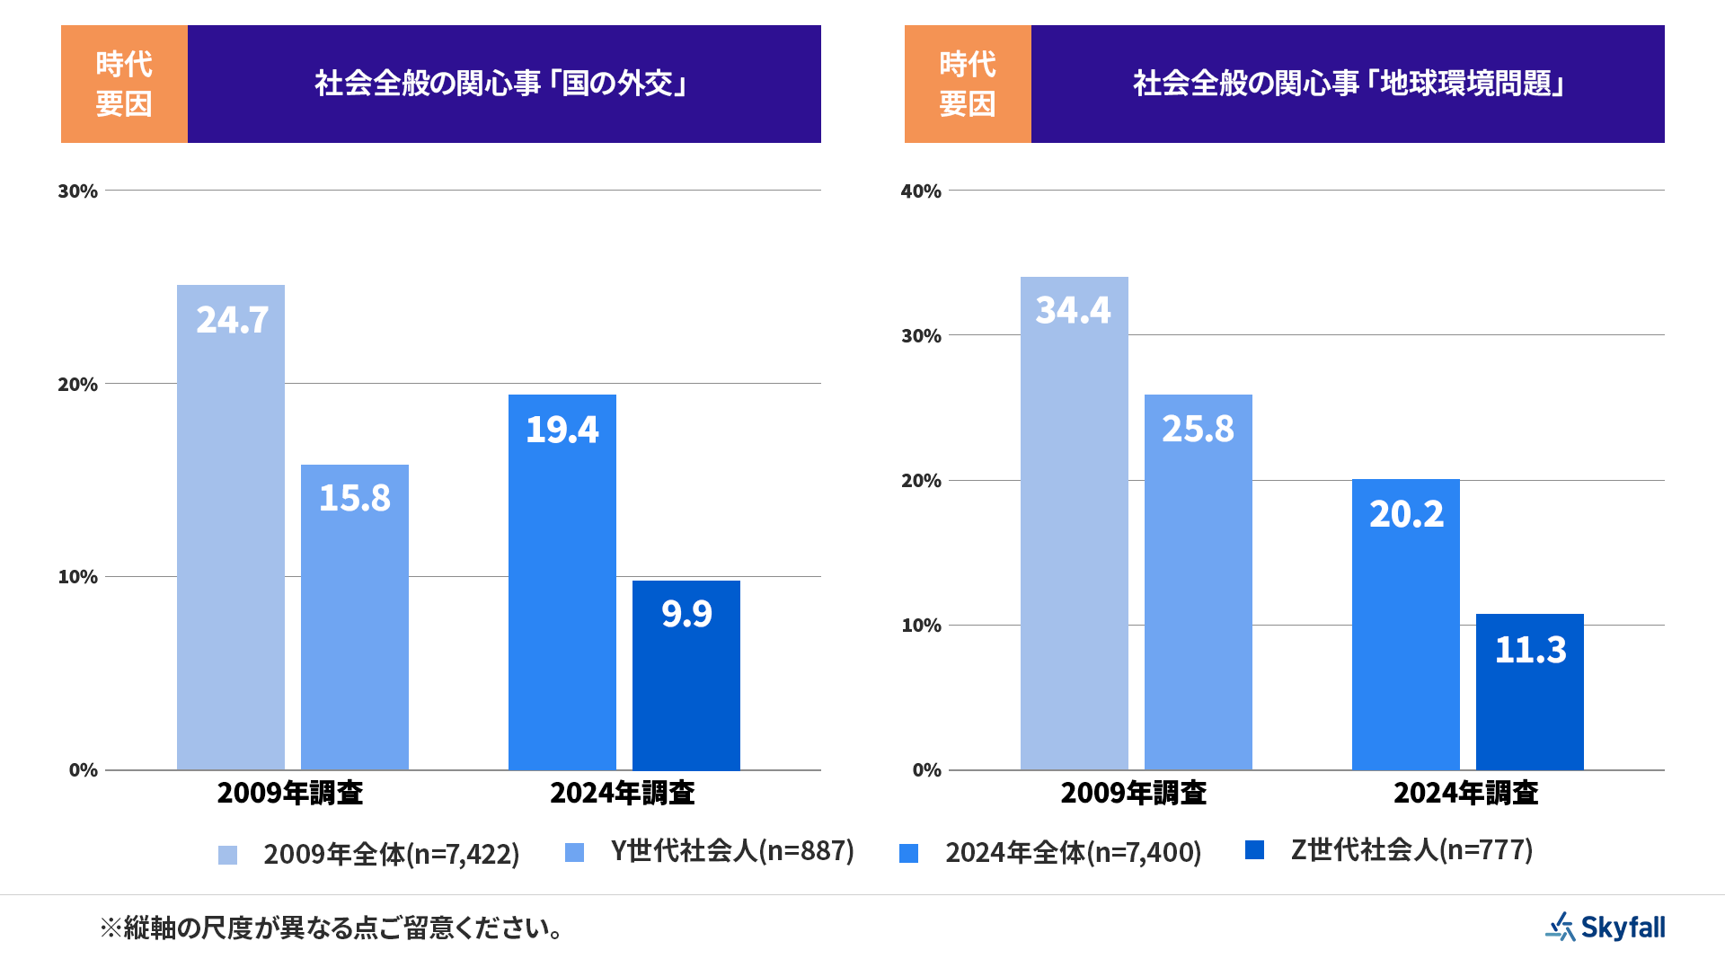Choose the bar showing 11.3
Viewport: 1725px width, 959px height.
point(1530,691)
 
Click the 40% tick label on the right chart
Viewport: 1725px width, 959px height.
point(921,191)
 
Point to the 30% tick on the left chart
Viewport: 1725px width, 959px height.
point(77,191)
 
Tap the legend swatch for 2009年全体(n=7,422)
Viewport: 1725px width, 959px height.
point(228,855)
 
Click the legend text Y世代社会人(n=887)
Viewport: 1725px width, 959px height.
point(732,850)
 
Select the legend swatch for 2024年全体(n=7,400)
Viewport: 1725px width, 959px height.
point(909,853)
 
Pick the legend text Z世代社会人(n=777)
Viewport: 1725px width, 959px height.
point(1411,849)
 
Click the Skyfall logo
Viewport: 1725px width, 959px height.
point(1606,927)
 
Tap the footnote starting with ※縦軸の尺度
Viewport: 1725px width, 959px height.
point(332,928)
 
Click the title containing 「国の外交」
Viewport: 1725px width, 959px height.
point(503,84)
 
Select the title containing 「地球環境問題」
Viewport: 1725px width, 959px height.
point(1348,84)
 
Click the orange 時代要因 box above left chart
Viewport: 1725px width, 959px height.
point(124,84)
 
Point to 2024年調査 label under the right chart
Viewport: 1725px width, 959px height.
point(1466,793)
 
